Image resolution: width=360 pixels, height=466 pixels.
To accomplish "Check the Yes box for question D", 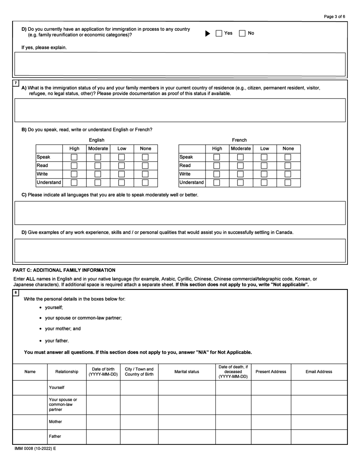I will [219, 33].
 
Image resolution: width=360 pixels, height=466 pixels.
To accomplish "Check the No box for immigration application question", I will [242, 33].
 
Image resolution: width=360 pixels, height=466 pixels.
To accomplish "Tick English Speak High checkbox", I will [74, 157].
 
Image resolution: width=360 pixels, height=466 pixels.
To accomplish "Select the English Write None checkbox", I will [145, 174].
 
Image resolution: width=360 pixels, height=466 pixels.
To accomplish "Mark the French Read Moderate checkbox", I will [240, 166].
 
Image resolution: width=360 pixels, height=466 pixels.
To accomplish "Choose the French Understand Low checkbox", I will [264, 183].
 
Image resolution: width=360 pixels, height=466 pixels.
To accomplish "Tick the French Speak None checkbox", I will [288, 157].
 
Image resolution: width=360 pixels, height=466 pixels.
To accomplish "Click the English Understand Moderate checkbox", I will [98, 183].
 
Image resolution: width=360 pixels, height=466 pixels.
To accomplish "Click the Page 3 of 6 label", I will [334, 17].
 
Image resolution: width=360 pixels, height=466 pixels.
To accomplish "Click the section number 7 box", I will [16, 83].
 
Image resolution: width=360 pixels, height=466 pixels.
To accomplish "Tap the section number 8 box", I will [16, 292].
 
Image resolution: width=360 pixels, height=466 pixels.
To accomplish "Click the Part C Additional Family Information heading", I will [64, 270].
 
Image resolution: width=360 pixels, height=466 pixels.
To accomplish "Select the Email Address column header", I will [319, 372].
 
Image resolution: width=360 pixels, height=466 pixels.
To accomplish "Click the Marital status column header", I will [186, 372].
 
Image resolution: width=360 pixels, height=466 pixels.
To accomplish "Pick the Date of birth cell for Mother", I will [103, 422].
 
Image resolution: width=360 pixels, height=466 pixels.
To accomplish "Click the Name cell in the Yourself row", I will [30, 388].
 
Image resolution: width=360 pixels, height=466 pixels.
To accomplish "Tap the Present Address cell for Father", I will [271, 436].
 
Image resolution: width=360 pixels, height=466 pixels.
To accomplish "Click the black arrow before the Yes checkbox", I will [207, 33].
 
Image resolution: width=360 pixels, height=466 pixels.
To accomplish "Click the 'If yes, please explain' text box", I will [180, 64].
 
